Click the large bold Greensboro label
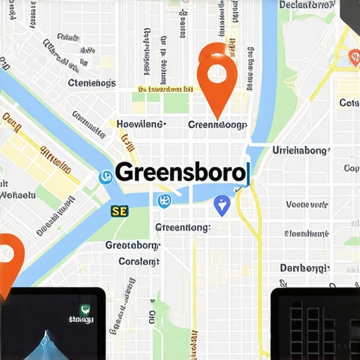click(x=180, y=172)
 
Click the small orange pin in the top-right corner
click(x=354, y=58)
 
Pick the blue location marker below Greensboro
click(x=221, y=205)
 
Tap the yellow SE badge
click(x=120, y=210)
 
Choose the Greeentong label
click(x=181, y=227)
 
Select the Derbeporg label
click(x=304, y=268)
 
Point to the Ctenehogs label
click(x=91, y=83)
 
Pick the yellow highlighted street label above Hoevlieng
click(x=166, y=89)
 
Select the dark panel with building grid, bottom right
click(x=315, y=323)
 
